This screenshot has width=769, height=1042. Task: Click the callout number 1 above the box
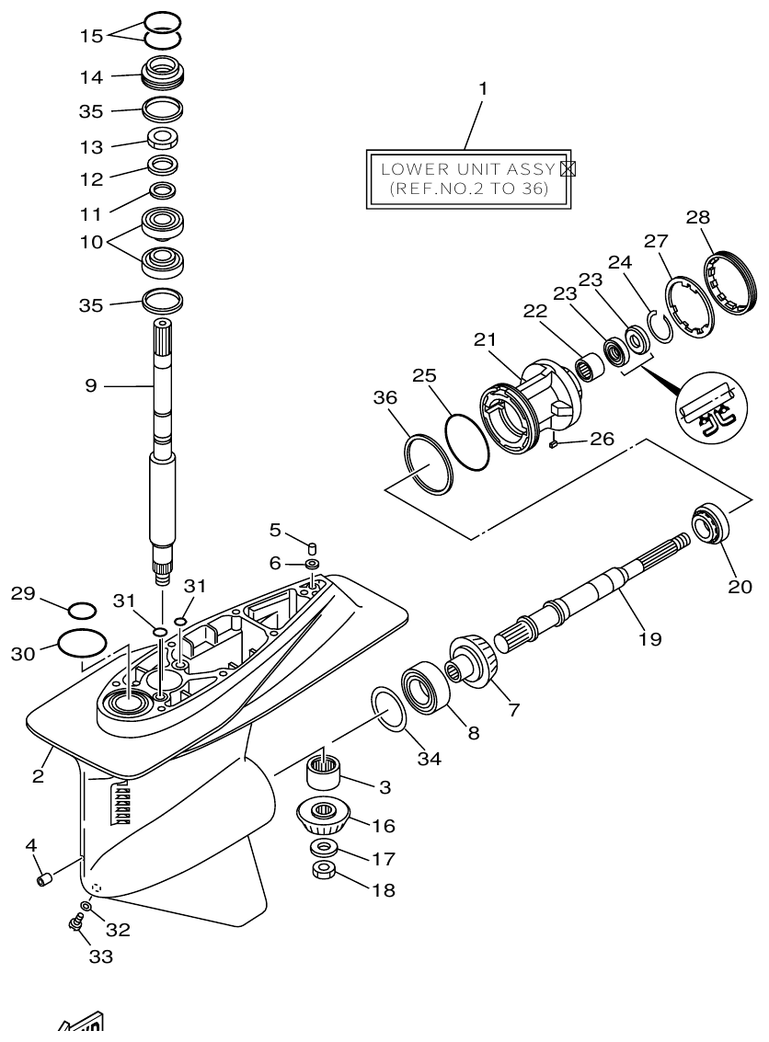click(483, 89)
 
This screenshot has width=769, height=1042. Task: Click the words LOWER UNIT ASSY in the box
click(454, 169)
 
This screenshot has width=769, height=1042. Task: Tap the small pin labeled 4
click(43, 880)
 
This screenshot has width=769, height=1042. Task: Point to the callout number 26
click(602, 439)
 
